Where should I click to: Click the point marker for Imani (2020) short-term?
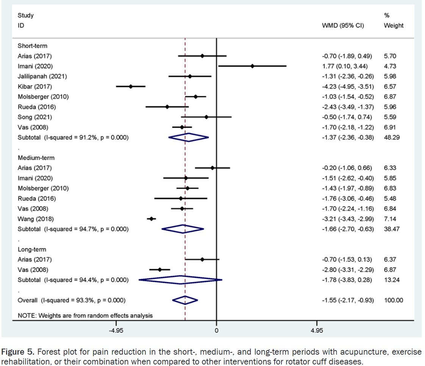pos(252,66)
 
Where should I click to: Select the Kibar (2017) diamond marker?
pos(130,86)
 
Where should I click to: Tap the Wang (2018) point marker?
pos(151,219)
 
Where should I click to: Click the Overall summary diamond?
pos(185,300)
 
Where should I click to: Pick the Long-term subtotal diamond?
pos(180,280)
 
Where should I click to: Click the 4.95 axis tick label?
pos(316,330)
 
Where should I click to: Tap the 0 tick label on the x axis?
pos(216,330)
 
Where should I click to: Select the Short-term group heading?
pos(32,46)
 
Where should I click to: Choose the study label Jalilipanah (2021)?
pos(42,76)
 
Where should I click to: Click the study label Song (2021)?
pos(35,117)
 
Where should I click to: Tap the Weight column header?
pos(394,26)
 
